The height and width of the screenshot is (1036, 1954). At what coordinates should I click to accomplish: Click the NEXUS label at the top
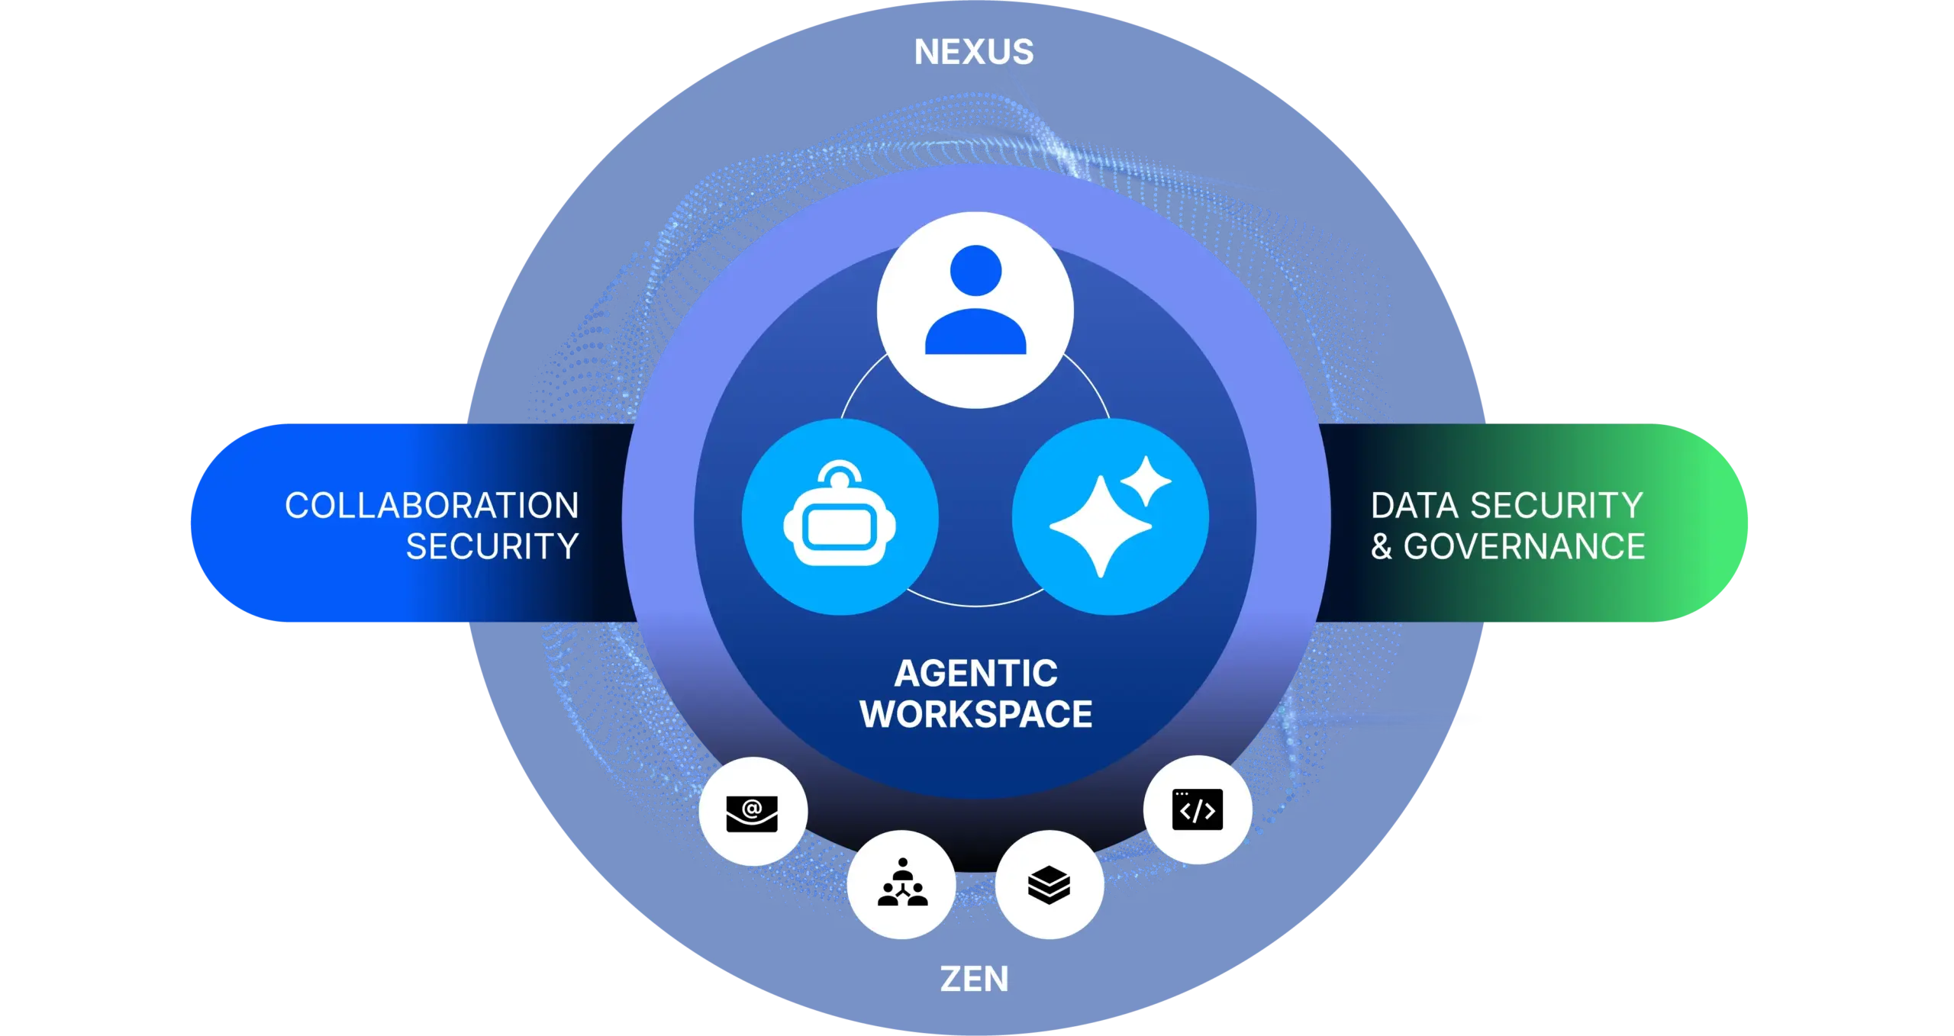974,53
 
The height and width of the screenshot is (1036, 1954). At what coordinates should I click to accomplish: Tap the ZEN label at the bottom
974,979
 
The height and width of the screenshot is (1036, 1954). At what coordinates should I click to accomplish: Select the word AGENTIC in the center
976,674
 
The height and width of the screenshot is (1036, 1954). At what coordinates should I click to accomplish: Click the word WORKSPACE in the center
976,715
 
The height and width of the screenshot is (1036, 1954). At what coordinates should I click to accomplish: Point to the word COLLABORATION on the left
432,506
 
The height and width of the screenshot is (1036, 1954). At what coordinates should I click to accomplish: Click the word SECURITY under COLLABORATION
492,547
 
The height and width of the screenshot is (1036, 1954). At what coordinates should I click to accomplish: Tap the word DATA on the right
1414,506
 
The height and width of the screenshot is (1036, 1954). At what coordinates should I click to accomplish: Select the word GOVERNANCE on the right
1524,547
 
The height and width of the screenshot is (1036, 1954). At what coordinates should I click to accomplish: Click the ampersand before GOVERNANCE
1382,547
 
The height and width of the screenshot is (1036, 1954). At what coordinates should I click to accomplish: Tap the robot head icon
840,523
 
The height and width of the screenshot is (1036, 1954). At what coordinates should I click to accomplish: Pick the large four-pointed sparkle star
1100,527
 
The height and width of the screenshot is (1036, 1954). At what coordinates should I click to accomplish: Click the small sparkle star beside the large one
1146,481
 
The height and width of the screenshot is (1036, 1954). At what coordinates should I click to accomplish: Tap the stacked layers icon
1050,884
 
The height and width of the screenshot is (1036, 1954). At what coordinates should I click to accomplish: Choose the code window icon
1198,809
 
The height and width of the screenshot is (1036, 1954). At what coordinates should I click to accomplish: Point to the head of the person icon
975,271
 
